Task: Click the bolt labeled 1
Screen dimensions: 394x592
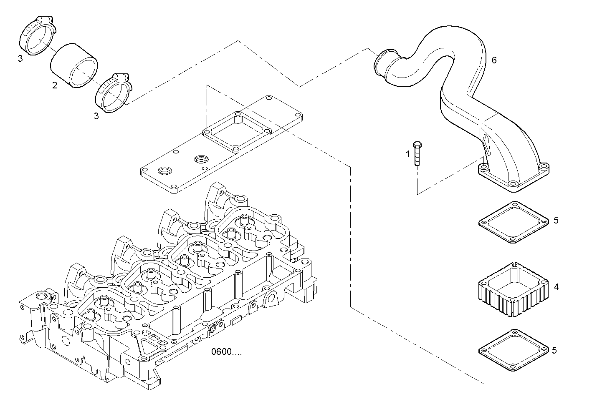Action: pos(417,154)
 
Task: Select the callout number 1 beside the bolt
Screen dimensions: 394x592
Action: pos(408,154)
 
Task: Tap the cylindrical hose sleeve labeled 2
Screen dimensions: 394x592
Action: pos(74,65)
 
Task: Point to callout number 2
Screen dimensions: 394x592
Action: pos(55,85)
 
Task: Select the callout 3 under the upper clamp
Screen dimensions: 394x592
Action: pos(20,58)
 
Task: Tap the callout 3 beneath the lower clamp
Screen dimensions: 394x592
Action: pos(96,116)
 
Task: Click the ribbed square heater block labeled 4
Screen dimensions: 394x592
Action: pos(512,290)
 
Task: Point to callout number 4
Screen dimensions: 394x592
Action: pos(556,287)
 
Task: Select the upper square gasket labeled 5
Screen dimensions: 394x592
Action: pos(513,222)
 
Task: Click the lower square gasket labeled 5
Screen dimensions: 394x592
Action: pos(513,349)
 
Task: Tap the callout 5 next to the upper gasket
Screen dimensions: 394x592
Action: pos(556,220)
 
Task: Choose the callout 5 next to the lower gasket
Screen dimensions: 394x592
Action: pos(554,350)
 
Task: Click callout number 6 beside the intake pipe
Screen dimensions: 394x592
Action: pos(494,60)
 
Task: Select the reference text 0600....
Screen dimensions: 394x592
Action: pos(226,352)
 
